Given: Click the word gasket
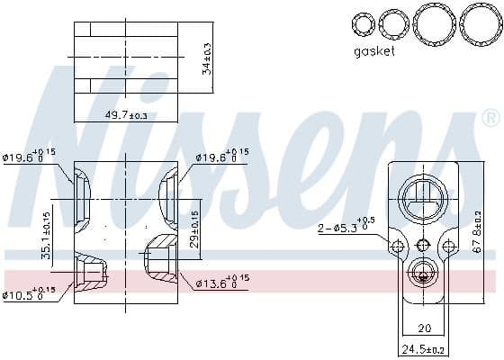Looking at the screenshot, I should pyautogui.click(x=374, y=52).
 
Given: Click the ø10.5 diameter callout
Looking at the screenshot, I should pyautogui.click(x=28, y=292).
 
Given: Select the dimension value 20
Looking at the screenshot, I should pyautogui.click(x=425, y=328).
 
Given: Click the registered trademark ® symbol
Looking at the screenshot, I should pyautogui.click(x=490, y=118).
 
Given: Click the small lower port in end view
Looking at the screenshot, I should pyautogui.click(x=423, y=273).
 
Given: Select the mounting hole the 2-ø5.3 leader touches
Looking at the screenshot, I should pyautogui.click(x=398, y=246).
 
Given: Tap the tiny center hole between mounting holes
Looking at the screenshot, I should pyautogui.click(x=423, y=245).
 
